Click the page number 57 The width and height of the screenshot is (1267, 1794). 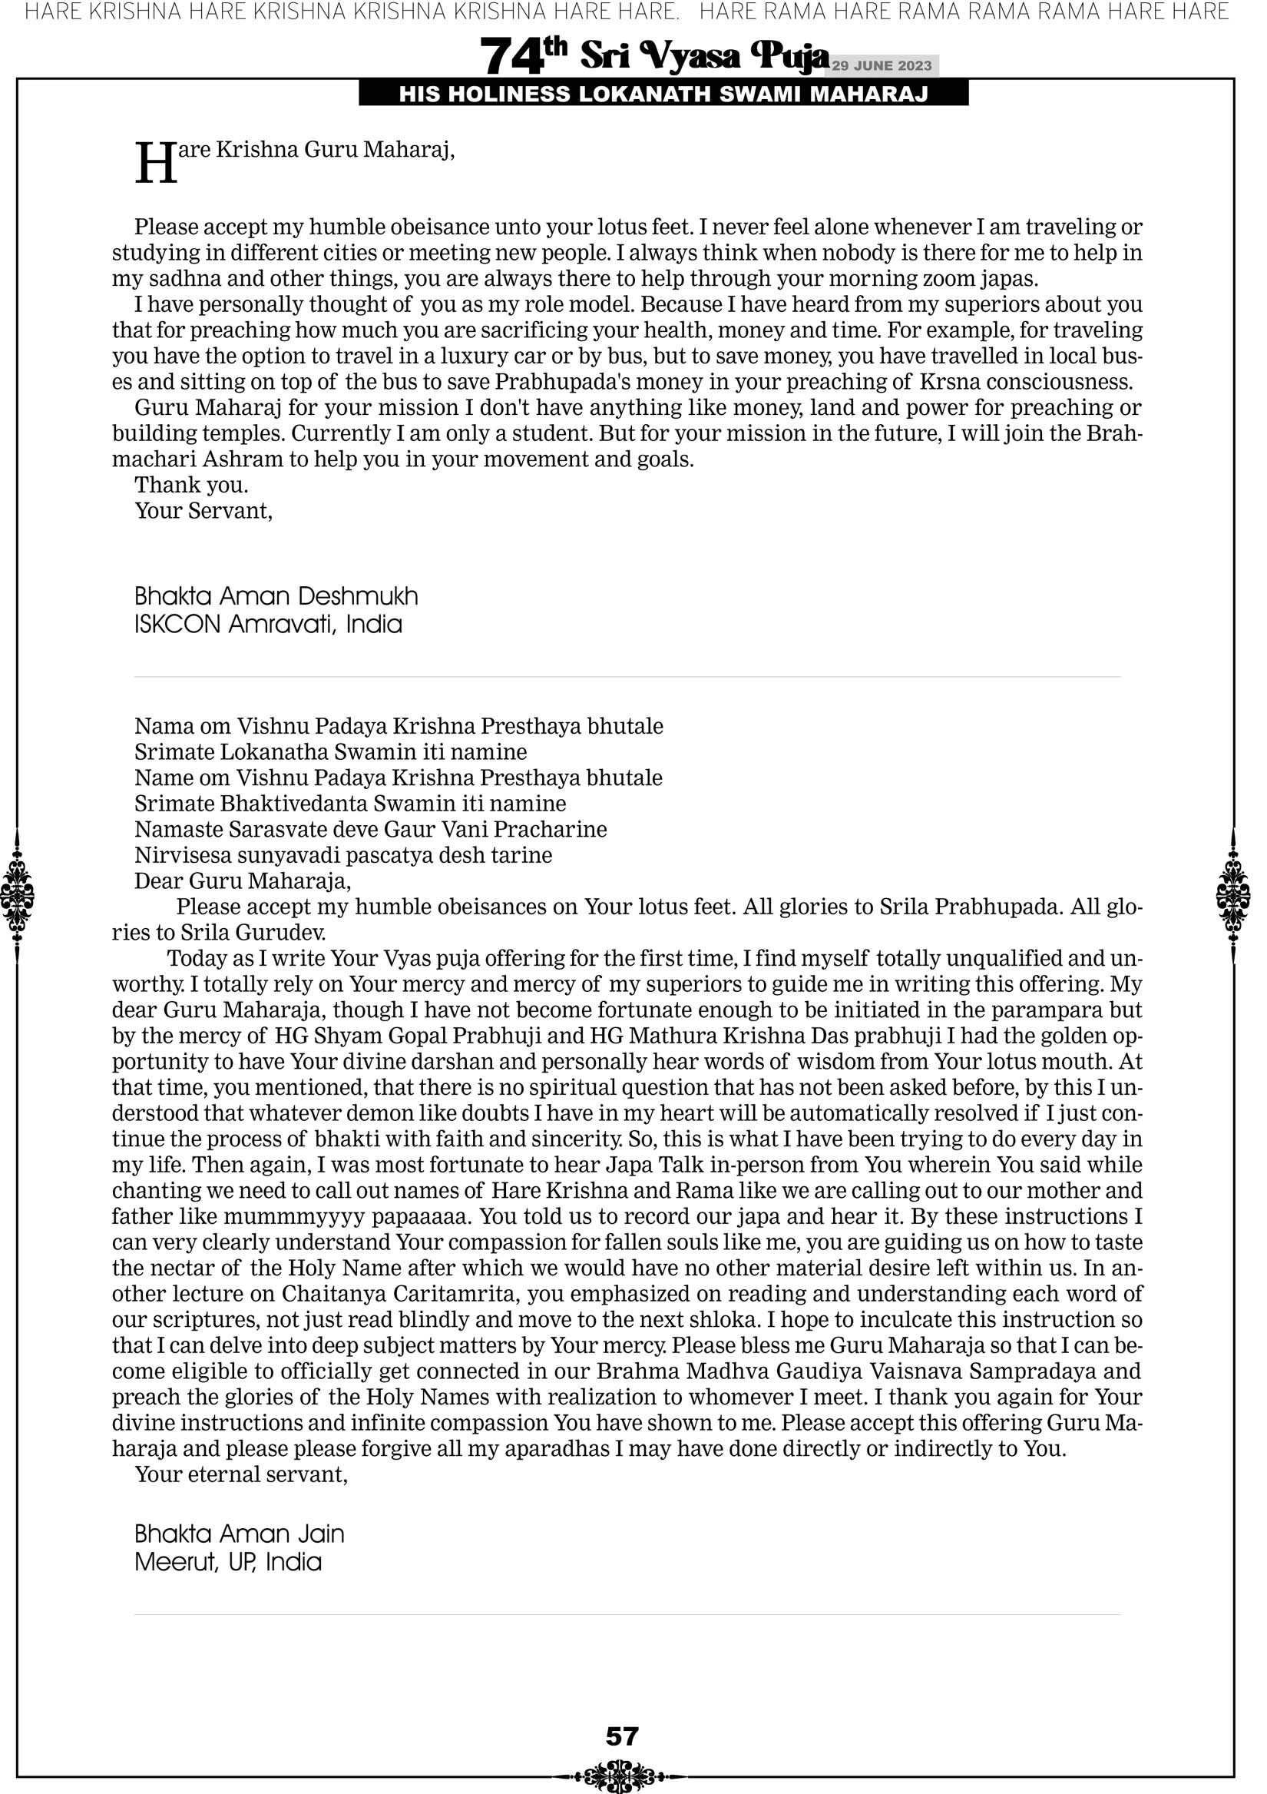pyautogui.click(x=622, y=1736)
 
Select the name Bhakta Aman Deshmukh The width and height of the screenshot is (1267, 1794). pyautogui.click(x=276, y=597)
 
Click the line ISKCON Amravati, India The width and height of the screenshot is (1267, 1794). pyautogui.click(x=268, y=625)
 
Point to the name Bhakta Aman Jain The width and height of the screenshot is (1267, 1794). pyautogui.click(x=239, y=1534)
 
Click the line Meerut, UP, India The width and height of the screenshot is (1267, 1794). pyautogui.click(x=228, y=1562)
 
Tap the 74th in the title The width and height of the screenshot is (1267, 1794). pyautogui.click(x=523, y=57)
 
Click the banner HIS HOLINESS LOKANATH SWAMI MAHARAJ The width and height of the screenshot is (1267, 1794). pyautogui.click(x=663, y=95)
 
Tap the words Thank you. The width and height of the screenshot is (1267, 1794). pyautogui.click(x=191, y=486)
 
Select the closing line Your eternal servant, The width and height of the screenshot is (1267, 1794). pyautogui.click(x=240, y=1474)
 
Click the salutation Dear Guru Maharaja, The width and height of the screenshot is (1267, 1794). pyautogui.click(x=242, y=881)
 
